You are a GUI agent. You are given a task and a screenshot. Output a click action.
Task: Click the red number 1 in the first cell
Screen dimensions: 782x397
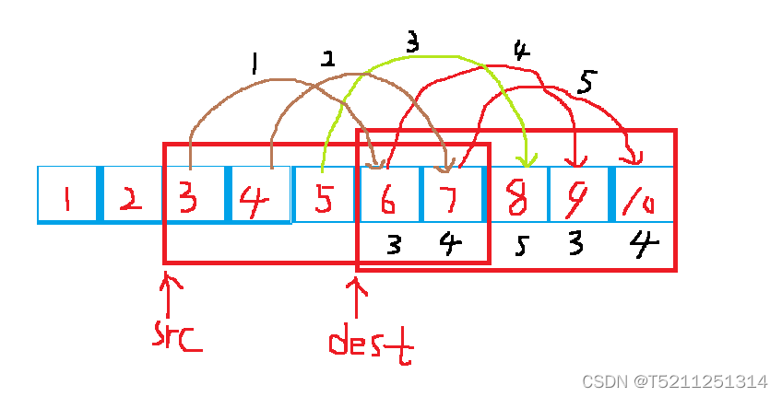coord(67,196)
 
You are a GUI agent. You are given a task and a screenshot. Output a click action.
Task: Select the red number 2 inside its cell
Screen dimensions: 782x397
coord(131,196)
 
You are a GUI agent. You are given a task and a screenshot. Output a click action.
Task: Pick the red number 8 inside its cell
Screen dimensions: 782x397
coord(518,196)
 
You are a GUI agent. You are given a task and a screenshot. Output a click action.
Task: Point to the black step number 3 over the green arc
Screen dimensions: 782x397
coord(412,43)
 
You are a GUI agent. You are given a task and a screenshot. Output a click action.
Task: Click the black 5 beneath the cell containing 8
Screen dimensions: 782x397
coord(521,247)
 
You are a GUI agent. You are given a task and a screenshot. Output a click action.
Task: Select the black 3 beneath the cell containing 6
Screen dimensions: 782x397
coord(393,245)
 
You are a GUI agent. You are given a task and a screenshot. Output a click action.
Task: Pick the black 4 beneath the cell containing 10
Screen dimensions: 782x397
coord(643,244)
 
